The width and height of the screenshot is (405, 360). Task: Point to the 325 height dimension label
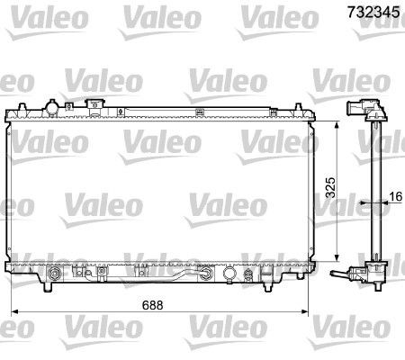coord(328,186)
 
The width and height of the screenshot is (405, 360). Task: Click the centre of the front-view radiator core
coord(162,189)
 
